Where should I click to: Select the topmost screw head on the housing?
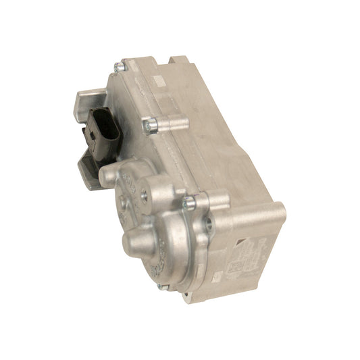120,66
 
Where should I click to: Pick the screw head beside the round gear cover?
190,200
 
